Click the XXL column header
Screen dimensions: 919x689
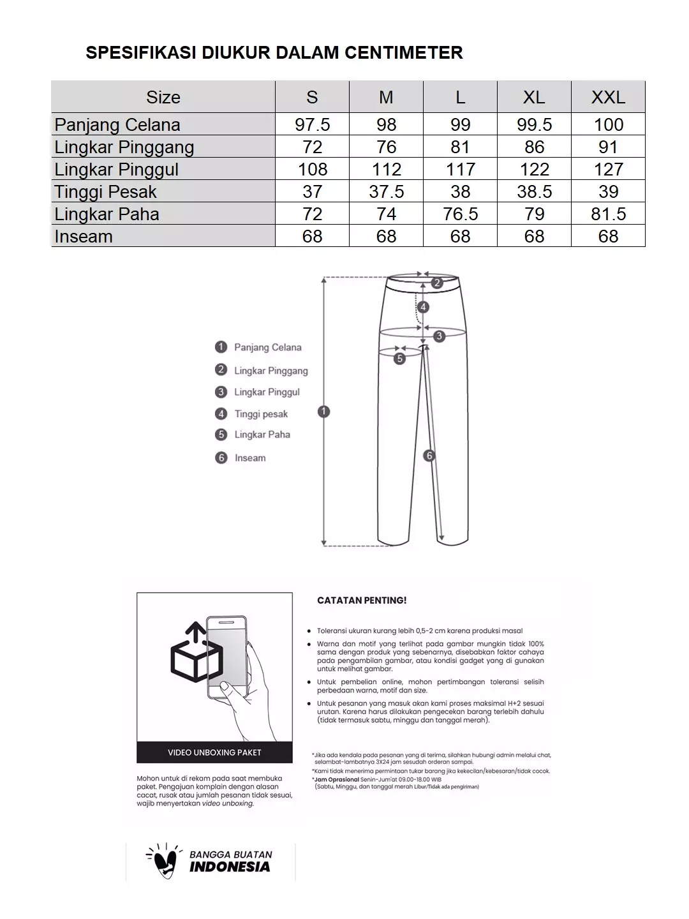pyautogui.click(x=608, y=97)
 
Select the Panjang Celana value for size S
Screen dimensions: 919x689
pyautogui.click(x=312, y=124)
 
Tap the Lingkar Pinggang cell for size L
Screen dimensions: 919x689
pyautogui.click(x=460, y=147)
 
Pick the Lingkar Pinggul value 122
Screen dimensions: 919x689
pyautogui.click(x=534, y=169)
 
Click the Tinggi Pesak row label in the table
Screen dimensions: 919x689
pyautogui.click(x=105, y=191)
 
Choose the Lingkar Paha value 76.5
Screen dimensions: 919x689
pyautogui.click(x=460, y=214)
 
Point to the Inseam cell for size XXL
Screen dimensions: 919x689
pyautogui.click(x=608, y=236)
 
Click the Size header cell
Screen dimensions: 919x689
pyautogui.click(x=163, y=97)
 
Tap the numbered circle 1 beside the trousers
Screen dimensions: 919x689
pyautogui.click(x=324, y=412)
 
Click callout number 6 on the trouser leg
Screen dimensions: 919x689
pyautogui.click(x=429, y=456)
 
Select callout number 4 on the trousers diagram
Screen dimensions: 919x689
pyautogui.click(x=423, y=307)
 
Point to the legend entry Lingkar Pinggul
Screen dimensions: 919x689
pyautogui.click(x=267, y=392)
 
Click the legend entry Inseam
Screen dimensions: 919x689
pyautogui.click(x=249, y=458)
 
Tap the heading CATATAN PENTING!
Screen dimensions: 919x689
pyautogui.click(x=362, y=601)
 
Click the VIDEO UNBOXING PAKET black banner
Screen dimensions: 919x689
pyautogui.click(x=214, y=752)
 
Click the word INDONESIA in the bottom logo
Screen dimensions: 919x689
pyautogui.click(x=230, y=867)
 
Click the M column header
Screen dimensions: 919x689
pyautogui.click(x=386, y=97)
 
